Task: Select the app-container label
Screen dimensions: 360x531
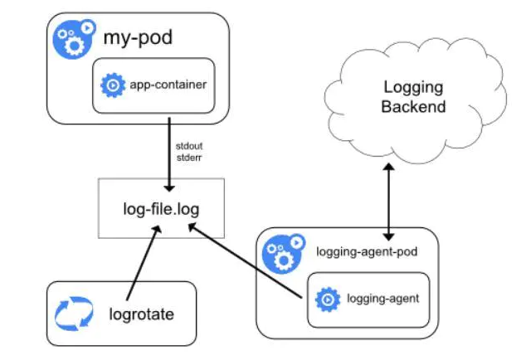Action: pyautogui.click(x=168, y=84)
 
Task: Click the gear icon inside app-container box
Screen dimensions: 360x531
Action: pyautogui.click(x=112, y=84)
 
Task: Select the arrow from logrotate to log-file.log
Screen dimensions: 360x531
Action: pyautogui.click(x=140, y=265)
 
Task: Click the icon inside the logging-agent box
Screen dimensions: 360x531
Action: pyautogui.click(x=327, y=299)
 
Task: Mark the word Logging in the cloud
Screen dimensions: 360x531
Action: pyautogui.click(x=415, y=87)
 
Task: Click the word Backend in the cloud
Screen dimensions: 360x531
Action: pyautogui.click(x=415, y=106)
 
